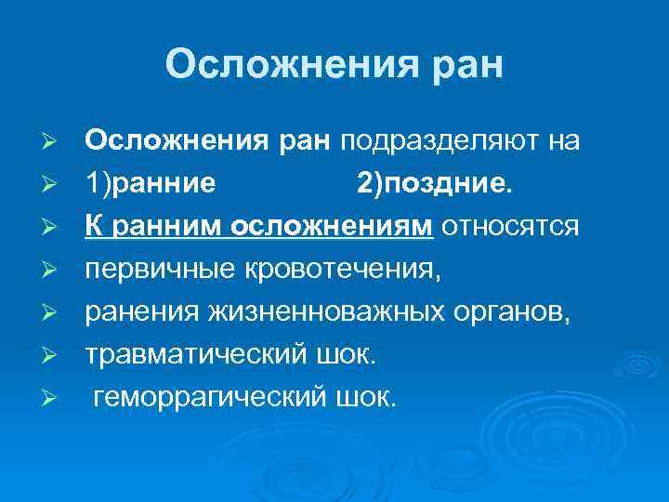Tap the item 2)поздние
(x=433, y=183)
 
